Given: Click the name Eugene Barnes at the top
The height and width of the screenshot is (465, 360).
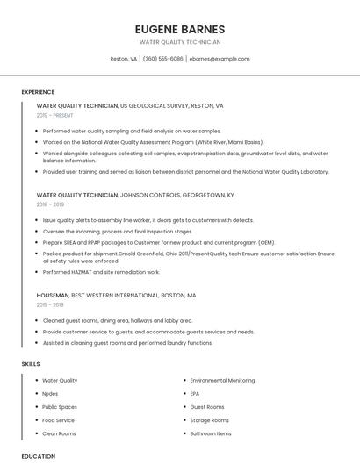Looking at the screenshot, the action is (x=180, y=29).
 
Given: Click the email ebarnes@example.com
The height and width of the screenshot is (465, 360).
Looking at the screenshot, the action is (x=220, y=59).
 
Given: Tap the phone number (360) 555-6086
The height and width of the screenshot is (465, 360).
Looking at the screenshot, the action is (x=162, y=59).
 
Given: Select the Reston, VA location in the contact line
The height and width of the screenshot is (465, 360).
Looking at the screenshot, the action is (x=123, y=59).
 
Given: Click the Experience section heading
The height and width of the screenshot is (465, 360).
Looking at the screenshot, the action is (x=38, y=92).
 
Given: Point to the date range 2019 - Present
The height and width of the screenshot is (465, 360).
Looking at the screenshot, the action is (x=55, y=115).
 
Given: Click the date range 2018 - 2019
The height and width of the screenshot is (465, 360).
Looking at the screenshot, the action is (x=51, y=204).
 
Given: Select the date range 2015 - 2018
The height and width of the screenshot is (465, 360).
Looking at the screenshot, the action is (x=51, y=304).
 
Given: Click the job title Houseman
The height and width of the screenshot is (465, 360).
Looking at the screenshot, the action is (x=53, y=296).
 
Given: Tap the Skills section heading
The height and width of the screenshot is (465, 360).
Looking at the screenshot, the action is (x=31, y=363).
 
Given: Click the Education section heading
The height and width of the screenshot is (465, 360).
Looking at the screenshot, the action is (x=39, y=456).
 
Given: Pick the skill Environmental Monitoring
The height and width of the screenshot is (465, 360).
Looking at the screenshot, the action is (x=222, y=381).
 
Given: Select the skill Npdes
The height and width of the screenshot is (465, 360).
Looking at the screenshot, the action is (x=50, y=394).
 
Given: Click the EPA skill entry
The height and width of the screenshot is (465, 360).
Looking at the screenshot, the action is (x=195, y=394).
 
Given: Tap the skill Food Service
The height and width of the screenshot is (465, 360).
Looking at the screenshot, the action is (x=59, y=420).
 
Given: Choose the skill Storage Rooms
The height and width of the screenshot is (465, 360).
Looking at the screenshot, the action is (x=210, y=420).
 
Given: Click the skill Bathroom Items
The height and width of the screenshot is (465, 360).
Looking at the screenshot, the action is (x=211, y=433).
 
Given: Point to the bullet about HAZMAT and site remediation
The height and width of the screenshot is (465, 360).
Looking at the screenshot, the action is (x=101, y=272).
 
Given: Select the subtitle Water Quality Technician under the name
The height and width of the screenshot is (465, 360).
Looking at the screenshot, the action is (x=180, y=42).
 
